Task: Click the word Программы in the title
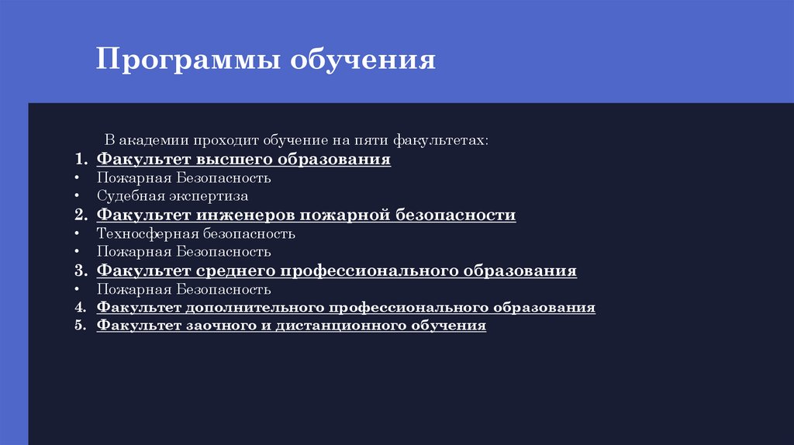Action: [x=188, y=60]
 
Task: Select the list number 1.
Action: [x=81, y=160]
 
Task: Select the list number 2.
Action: [x=81, y=215]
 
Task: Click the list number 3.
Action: [x=81, y=271]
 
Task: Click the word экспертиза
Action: [x=205, y=197]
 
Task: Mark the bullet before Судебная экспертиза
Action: [x=78, y=197]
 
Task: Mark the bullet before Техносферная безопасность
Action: [x=78, y=233]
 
